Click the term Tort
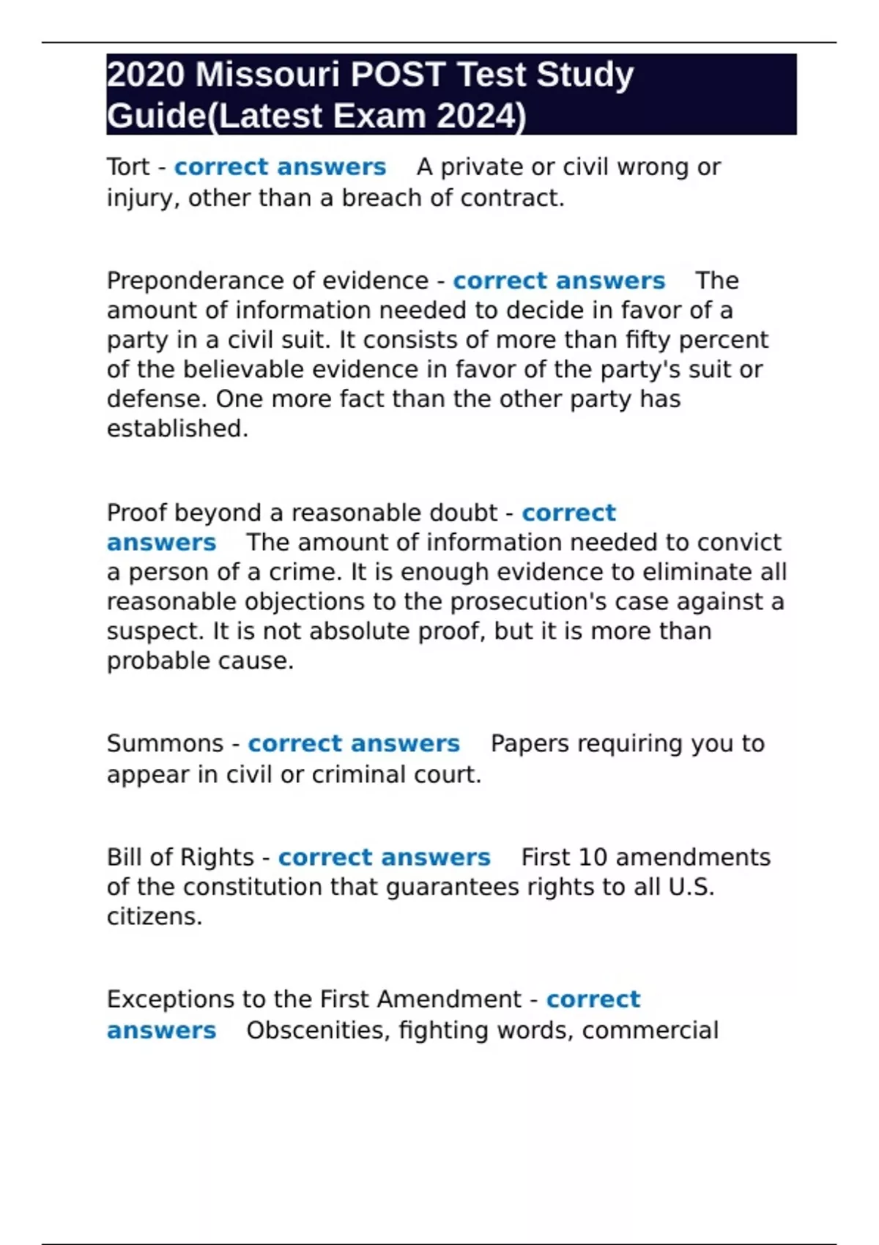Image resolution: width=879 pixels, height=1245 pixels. [x=128, y=167]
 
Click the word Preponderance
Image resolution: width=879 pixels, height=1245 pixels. [x=196, y=280]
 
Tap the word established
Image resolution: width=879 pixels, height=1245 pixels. [x=177, y=428]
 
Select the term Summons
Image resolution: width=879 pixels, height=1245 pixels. [x=165, y=743]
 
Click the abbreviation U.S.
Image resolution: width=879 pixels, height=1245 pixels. [x=691, y=887]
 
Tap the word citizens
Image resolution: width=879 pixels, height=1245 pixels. [x=154, y=917]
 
